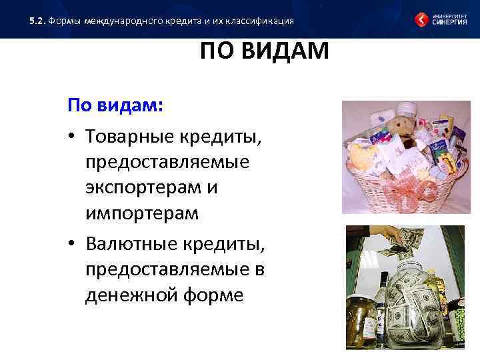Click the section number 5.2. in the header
(38, 21)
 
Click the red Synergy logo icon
(422, 19)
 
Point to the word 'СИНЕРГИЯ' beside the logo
(450, 22)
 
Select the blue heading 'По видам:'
(115, 107)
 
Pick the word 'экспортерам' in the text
(143, 188)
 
